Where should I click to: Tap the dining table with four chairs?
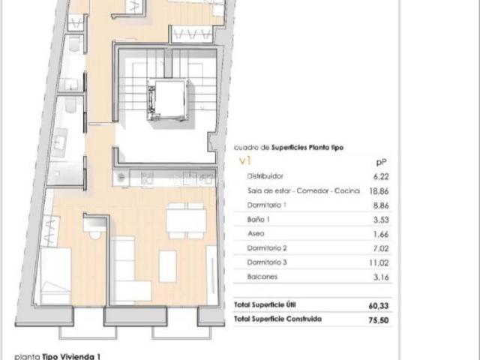click(x=186, y=220)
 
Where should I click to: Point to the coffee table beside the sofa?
click(x=167, y=266)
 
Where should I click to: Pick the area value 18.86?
click(x=381, y=190)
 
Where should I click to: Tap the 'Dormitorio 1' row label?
click(x=267, y=205)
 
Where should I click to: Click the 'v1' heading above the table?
click(x=244, y=160)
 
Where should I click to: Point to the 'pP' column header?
click(x=380, y=161)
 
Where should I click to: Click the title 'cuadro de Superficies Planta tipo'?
click(x=289, y=148)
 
